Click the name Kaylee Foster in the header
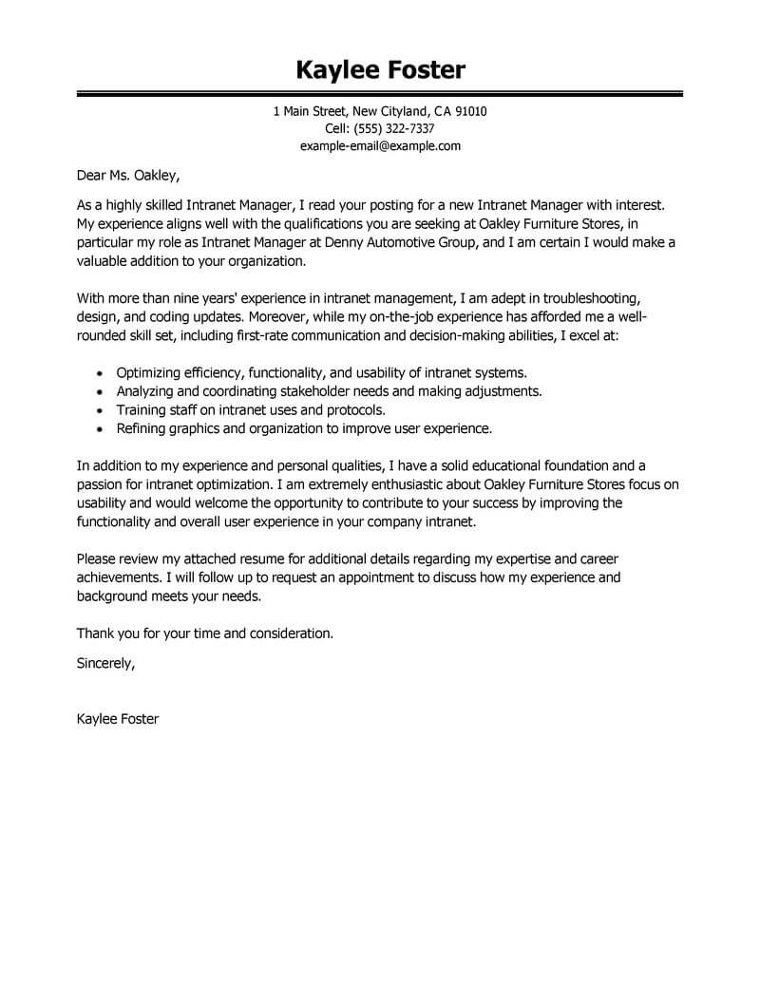coord(380,69)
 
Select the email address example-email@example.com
coord(380,146)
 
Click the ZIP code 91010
coord(470,112)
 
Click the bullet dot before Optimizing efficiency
coord(102,372)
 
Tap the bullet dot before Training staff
coord(102,410)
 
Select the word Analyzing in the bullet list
coord(147,390)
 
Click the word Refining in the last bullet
coord(142,428)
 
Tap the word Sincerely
coord(105,664)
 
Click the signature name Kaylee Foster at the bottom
coord(118,719)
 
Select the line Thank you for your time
coord(205,632)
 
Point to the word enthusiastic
coord(385,484)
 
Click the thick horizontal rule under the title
coord(380,94)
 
